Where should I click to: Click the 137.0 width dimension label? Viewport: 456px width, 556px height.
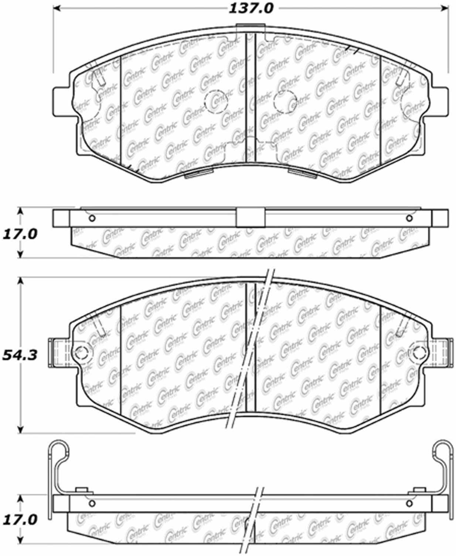pyautogui.click(x=251, y=8)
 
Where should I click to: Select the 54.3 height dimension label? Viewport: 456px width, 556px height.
pyautogui.click(x=20, y=355)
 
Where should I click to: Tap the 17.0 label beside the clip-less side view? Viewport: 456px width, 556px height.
pyautogui.click(x=20, y=233)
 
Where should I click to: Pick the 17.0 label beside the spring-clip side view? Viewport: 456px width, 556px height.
pyautogui.click(x=20, y=520)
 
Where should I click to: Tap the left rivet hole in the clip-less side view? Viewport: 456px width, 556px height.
pyautogui.click(x=92, y=218)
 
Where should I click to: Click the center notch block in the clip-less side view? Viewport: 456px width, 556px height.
pyautogui.click(x=250, y=218)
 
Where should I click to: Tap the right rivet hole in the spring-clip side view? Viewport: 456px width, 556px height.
pyautogui.click(x=409, y=504)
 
